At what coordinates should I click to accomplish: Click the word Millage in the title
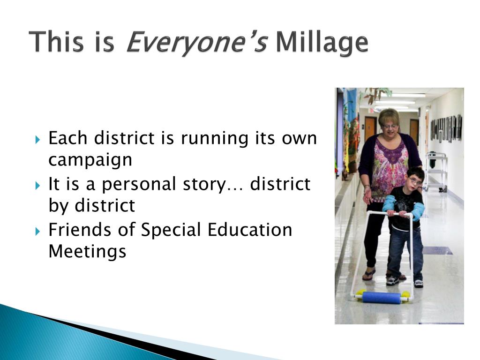click(x=322, y=42)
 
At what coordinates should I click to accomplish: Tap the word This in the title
click(x=56, y=41)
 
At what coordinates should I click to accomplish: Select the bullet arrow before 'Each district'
click(x=37, y=140)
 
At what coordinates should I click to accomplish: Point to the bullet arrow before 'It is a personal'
click(x=37, y=186)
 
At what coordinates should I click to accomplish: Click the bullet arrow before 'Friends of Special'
click(x=37, y=232)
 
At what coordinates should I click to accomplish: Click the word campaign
click(x=90, y=160)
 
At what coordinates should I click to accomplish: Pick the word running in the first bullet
click(x=214, y=138)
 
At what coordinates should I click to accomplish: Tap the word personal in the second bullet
click(x=139, y=184)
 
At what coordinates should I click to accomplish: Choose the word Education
click(x=250, y=230)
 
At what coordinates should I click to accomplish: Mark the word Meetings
click(x=87, y=252)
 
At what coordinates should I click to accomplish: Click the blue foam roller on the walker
click(x=382, y=297)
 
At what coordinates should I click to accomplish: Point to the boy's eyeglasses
click(x=415, y=182)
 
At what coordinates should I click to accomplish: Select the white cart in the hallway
click(x=436, y=172)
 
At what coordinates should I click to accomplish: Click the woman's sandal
click(x=369, y=274)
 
